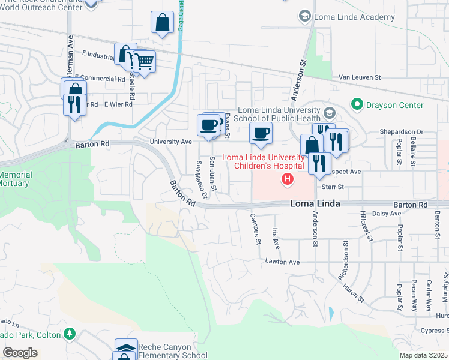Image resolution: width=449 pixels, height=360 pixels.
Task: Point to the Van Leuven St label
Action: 360,77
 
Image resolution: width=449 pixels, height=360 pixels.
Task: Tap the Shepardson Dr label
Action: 401,132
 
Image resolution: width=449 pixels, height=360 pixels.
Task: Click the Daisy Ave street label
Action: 387,213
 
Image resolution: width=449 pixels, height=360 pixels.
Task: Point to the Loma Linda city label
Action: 315,204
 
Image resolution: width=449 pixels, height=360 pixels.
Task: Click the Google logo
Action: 20,352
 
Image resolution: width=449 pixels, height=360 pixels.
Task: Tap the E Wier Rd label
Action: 118,104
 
